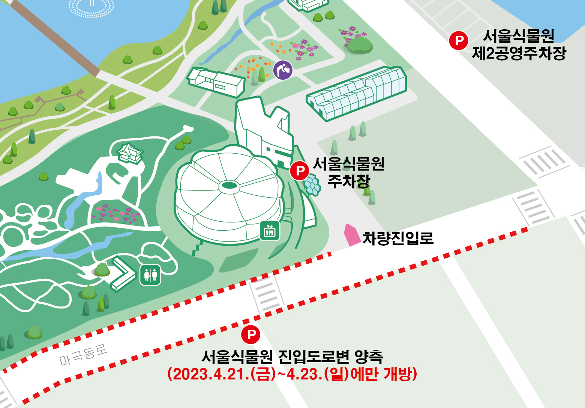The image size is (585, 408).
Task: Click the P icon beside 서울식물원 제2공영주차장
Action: tap(459, 40)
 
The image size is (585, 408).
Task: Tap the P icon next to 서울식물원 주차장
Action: tap(300, 171)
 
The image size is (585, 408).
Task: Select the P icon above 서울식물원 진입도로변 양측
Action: tap(250, 334)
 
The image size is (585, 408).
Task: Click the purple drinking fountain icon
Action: tap(283, 70)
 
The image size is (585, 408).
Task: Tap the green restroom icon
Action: tap(150, 275)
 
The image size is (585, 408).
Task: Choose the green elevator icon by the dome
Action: tap(270, 230)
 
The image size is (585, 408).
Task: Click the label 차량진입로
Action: tap(398, 238)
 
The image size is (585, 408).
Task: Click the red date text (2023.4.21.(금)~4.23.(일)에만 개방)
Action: tap(292, 374)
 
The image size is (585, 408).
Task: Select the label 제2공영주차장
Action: tap(519, 53)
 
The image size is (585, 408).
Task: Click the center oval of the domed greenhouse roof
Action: tap(229, 185)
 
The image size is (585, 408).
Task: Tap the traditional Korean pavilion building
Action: tap(130, 153)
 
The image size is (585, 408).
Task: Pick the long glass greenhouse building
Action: tap(357, 93)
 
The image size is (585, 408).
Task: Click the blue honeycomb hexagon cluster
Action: tap(312, 185)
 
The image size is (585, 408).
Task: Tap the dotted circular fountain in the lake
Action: tap(91, 6)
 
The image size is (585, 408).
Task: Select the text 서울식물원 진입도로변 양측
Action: tap(292, 356)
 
